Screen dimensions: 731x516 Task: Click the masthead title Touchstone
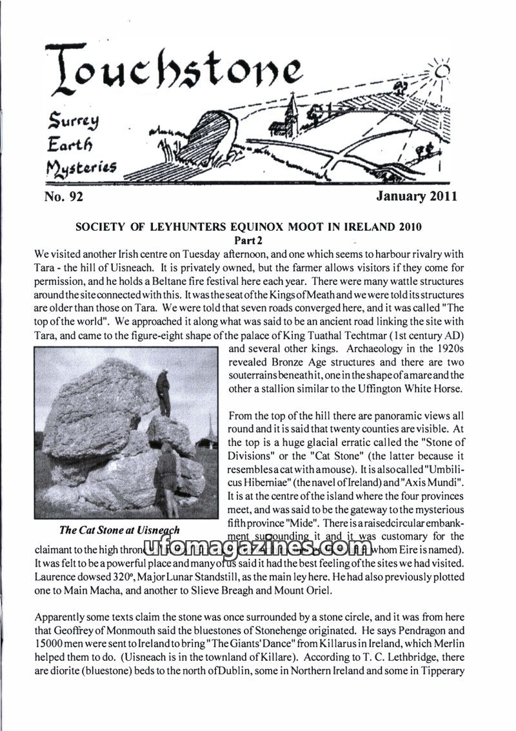(x=174, y=71)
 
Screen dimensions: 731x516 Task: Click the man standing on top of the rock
(x=163, y=392)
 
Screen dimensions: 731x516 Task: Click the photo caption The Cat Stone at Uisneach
(x=119, y=531)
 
